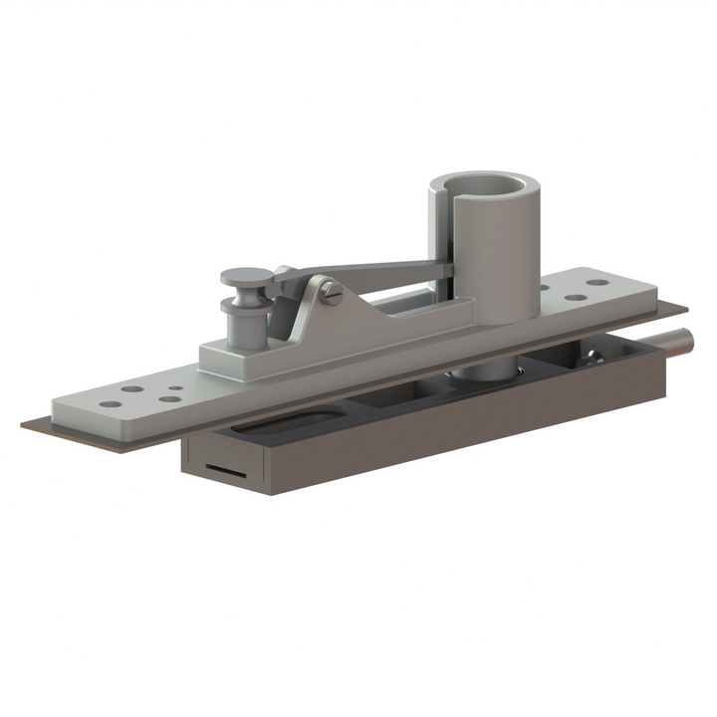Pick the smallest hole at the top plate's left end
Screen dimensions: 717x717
[175, 388]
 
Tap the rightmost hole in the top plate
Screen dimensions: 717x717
[598, 282]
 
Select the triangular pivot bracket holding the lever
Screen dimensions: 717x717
[309, 309]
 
